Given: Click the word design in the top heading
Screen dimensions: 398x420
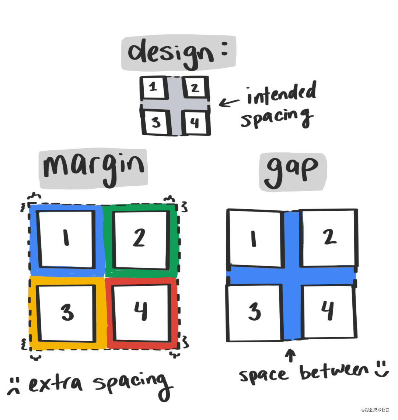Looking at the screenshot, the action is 171,54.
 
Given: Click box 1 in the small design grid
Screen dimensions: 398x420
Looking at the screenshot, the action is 153,88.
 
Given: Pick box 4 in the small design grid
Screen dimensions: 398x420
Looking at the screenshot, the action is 195,122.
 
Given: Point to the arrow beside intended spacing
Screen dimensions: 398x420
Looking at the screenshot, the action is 229,103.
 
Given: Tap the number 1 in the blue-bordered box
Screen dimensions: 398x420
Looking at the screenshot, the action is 66,238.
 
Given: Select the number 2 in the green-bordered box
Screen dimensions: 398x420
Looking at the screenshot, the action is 139,238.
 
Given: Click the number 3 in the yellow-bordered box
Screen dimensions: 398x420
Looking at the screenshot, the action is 67,312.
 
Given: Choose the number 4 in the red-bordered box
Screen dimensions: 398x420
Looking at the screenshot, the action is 141,311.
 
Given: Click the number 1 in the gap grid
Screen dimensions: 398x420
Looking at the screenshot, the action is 254,239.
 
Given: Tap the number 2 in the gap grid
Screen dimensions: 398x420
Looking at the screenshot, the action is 329,237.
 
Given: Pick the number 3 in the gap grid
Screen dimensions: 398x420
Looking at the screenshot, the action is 254,312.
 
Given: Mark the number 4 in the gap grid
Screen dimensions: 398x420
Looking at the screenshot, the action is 328,310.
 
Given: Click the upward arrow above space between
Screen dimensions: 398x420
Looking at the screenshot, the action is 290,355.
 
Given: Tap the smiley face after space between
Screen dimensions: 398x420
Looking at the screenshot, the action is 382,369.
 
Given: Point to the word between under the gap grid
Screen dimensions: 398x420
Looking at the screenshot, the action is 334,372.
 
